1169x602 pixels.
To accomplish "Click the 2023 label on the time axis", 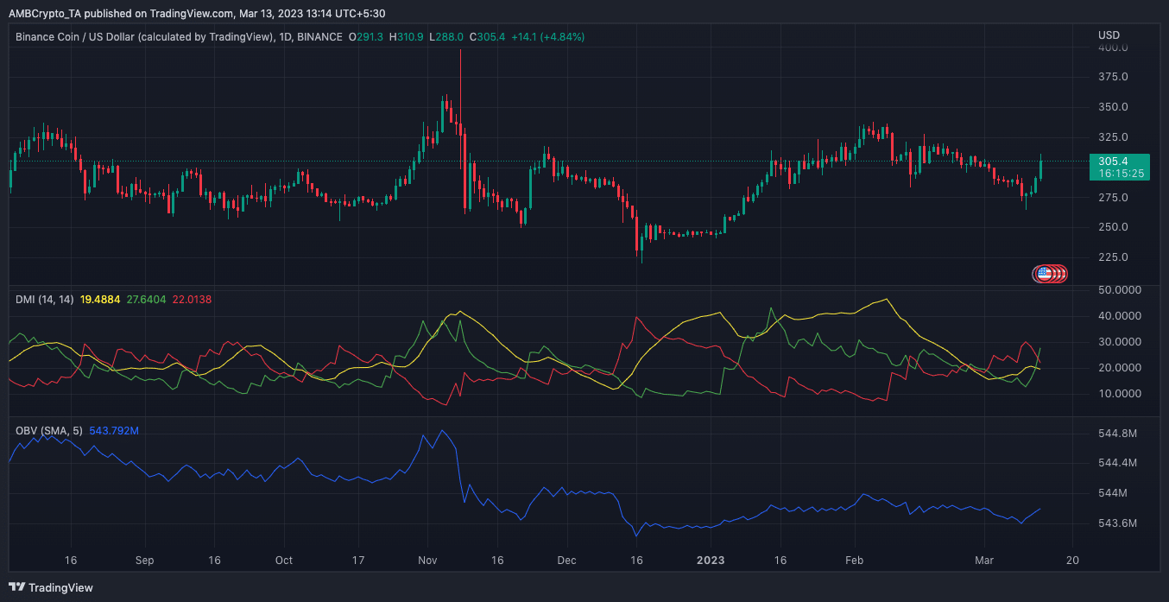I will click(710, 560).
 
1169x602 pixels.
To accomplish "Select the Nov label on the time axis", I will click(427, 560).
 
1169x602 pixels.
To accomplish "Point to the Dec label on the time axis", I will click(566, 560).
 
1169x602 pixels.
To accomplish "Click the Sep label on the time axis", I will click(144, 560).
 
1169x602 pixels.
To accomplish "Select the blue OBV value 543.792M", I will click(114, 430).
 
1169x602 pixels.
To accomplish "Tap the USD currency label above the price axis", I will click(1109, 35).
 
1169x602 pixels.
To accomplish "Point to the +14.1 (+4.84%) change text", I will click(548, 37).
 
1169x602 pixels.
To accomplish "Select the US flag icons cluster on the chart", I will click(1050, 274).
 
